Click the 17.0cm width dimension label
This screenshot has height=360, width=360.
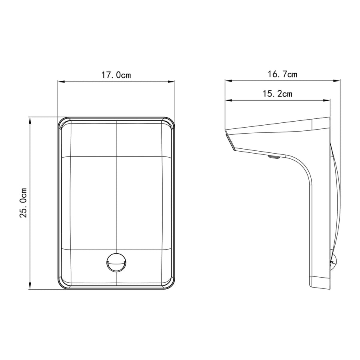tap(116, 75)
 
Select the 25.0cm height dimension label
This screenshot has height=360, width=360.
tap(24, 203)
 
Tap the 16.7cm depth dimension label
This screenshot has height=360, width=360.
tap(282, 74)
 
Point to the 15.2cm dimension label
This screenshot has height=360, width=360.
tap(277, 94)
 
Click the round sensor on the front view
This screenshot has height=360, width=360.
tap(116, 263)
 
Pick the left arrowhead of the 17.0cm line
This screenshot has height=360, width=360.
tap(61, 82)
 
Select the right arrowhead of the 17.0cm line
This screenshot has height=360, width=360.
tap(172, 82)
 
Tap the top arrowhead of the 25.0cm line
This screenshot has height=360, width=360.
tap(30, 120)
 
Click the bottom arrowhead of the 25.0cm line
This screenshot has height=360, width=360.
tap(30, 286)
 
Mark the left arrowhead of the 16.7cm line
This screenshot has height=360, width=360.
tap(229, 80)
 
